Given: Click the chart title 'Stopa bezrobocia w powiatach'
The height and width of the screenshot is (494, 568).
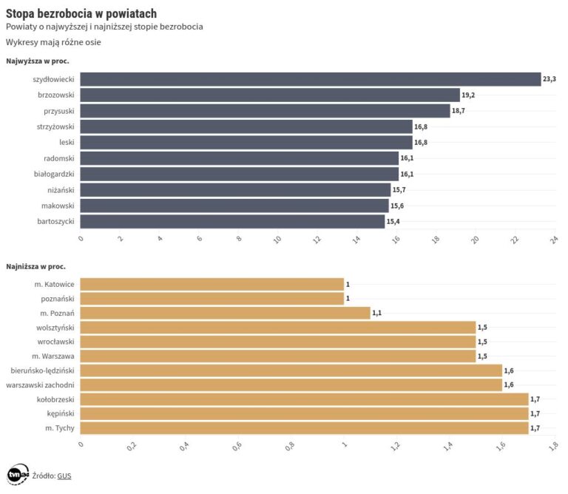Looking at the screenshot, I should [x=81, y=13].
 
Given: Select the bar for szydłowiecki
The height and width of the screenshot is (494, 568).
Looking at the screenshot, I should [x=310, y=79].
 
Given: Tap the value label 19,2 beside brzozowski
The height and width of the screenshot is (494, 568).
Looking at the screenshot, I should [x=468, y=95].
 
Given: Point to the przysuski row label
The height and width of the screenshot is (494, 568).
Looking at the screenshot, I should [x=58, y=111].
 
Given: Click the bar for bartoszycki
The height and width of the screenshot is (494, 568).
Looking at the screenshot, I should [x=232, y=221].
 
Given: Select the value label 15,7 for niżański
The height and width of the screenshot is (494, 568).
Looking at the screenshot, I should [x=399, y=190].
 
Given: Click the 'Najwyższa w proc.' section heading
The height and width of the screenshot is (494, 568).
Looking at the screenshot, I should [x=37, y=61].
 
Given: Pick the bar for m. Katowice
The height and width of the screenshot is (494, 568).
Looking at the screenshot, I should [x=212, y=285].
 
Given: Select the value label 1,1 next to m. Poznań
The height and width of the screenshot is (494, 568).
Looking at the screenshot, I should [x=377, y=314].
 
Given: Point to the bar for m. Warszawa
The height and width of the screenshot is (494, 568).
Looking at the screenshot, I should [x=277, y=356].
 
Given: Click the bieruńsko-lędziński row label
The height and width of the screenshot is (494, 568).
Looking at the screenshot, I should [x=43, y=370].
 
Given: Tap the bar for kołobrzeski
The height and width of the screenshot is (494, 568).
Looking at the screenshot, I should [x=304, y=399].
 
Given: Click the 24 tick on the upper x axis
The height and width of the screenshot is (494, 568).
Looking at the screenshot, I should [x=552, y=239].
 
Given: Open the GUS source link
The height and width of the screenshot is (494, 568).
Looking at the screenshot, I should [x=64, y=476].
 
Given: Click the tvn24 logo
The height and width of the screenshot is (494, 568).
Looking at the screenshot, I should [x=17, y=476].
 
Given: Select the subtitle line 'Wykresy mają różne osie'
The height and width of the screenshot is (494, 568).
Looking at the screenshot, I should [x=53, y=42].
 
